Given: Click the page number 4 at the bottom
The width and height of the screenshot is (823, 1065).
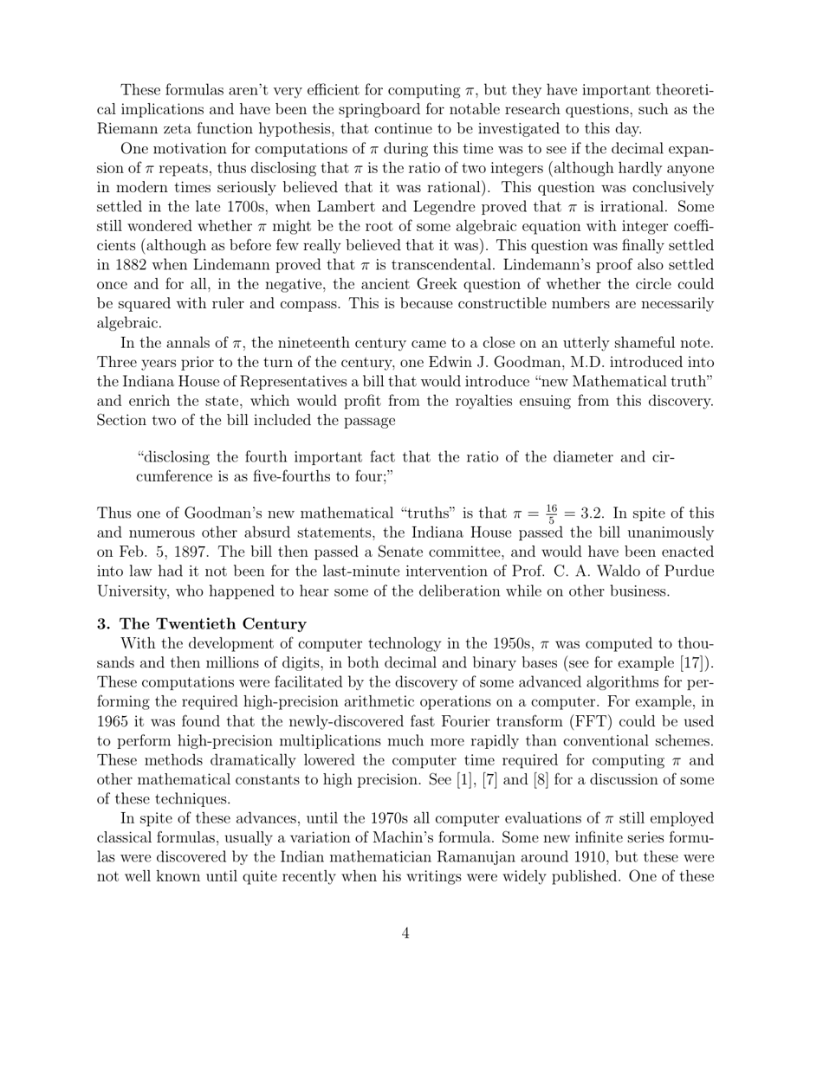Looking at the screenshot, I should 405,933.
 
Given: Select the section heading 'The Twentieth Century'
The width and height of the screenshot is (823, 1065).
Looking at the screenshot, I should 213,623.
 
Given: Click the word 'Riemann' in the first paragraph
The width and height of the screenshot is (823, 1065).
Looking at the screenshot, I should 125,129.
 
